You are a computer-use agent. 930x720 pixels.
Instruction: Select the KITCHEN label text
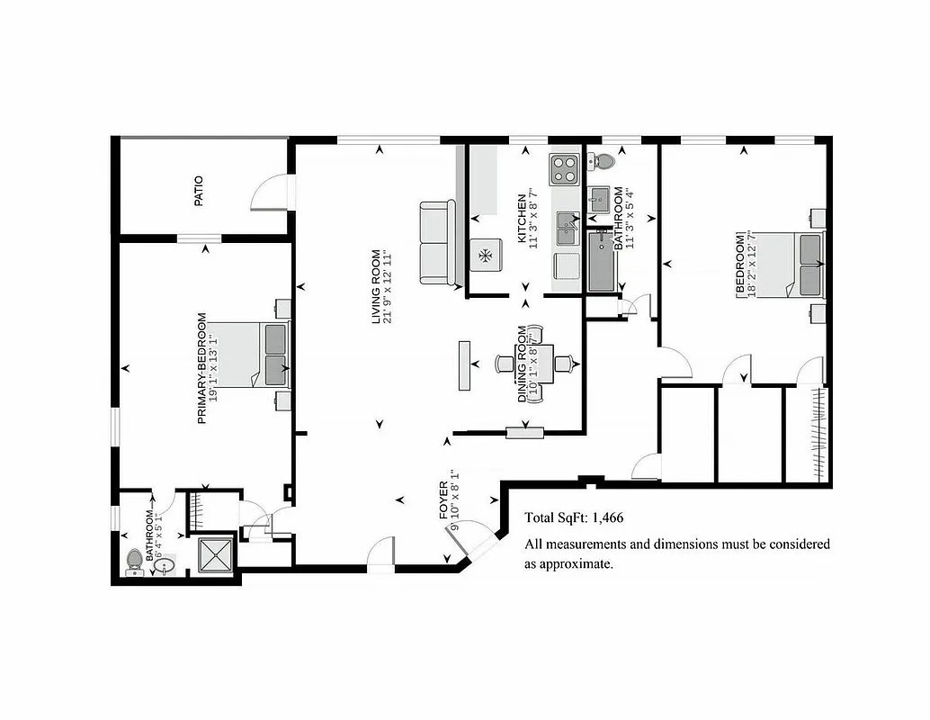click(522, 219)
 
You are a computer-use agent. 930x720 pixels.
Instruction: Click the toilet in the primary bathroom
click(135, 560)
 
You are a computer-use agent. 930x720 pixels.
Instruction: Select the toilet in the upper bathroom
click(603, 162)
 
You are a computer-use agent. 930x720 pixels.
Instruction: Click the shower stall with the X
click(214, 555)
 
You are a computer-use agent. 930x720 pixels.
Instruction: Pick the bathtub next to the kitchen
click(601, 261)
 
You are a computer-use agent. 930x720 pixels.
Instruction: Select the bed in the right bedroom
click(795, 264)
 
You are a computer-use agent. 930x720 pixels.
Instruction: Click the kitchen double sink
click(568, 229)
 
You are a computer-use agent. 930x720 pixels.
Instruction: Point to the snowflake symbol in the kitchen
click(486, 256)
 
